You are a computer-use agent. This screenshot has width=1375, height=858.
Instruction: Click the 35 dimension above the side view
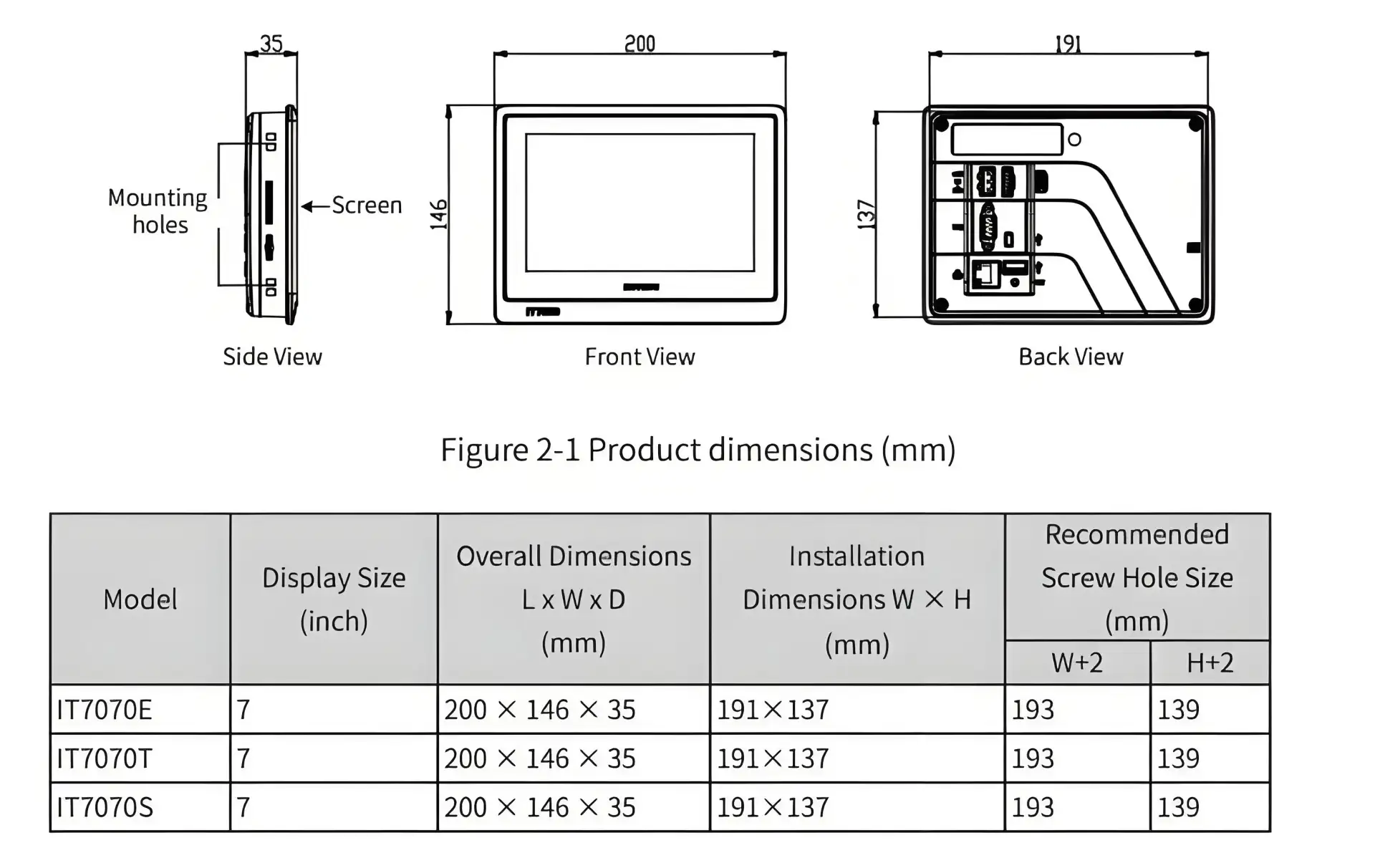tap(271, 44)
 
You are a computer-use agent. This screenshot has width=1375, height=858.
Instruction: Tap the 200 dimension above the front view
tap(640, 44)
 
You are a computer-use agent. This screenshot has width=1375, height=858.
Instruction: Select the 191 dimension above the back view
tap(1068, 44)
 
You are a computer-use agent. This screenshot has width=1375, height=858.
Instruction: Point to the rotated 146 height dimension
tap(438, 215)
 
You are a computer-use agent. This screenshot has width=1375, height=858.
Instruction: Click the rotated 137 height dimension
tap(867, 215)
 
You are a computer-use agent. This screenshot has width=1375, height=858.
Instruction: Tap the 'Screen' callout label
tap(367, 206)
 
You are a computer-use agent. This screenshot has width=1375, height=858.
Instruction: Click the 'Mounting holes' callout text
tap(158, 211)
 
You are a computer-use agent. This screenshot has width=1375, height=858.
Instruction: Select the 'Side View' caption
tap(272, 357)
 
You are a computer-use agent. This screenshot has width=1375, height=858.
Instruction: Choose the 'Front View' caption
tap(640, 357)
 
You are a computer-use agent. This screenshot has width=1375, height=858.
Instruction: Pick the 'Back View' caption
tap(1071, 357)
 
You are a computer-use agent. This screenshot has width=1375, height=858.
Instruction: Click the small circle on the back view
tap(1074, 140)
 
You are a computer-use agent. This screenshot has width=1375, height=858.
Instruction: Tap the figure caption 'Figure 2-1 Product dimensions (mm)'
tap(698, 450)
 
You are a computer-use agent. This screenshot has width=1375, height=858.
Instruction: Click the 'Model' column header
tap(140, 599)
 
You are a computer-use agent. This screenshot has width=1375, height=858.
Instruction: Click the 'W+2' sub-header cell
tap(1077, 663)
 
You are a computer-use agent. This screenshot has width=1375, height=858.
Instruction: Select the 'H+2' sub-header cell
tap(1210, 663)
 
